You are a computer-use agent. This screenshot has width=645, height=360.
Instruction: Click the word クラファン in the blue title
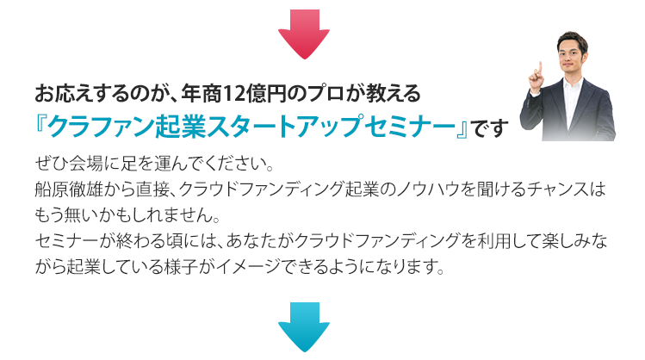coord(101,127)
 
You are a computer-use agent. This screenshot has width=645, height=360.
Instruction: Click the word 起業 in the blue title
coord(180,127)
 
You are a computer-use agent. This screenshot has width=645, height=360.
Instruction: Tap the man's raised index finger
coord(541,67)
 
